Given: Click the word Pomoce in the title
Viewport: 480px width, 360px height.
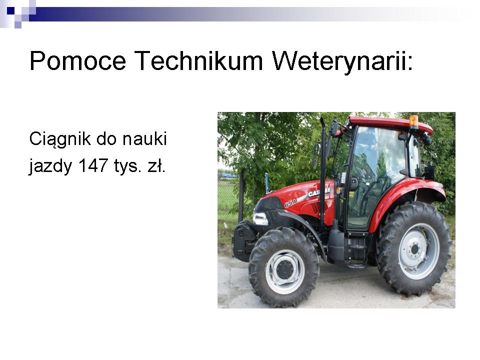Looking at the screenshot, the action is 78,61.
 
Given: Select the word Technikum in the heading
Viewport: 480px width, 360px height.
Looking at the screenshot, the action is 198,60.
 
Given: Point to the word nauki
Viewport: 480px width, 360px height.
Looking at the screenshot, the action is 144,138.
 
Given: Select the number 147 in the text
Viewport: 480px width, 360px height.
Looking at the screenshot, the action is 93,165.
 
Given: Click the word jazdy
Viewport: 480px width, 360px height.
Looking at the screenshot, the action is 50,167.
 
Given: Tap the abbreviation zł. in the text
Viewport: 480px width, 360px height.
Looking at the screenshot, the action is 156,165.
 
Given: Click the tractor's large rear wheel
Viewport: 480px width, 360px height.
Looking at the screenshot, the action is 414,248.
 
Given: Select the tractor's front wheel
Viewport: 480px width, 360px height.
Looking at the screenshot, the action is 284,267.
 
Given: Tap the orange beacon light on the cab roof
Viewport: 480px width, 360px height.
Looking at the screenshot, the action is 413,121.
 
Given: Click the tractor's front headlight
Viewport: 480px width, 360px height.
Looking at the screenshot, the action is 260,218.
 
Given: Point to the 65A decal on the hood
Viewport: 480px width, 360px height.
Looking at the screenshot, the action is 290,203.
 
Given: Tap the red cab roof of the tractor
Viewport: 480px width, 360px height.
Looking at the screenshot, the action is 390,124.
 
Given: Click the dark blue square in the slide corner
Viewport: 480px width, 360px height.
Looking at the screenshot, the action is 10,11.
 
